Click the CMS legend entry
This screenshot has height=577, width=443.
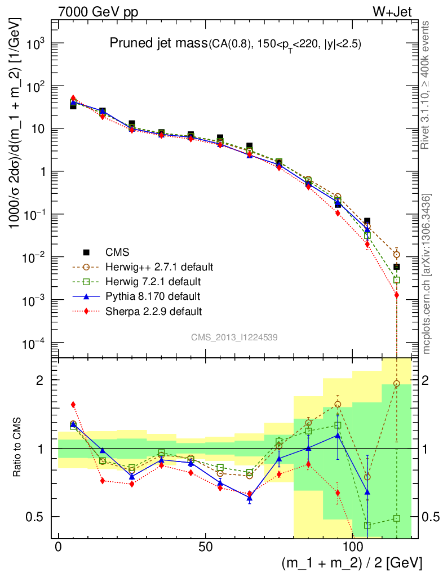click(x=118, y=252)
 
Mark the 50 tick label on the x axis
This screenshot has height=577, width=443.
click(x=205, y=547)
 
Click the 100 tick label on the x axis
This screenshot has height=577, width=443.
click(x=352, y=547)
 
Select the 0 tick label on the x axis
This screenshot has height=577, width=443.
click(x=59, y=547)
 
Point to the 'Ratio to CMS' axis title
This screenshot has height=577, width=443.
click(x=20, y=447)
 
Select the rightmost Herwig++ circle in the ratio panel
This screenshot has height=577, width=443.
click(x=397, y=384)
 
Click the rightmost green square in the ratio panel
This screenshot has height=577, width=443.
click(x=397, y=518)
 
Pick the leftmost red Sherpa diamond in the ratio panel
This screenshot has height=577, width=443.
click(x=73, y=405)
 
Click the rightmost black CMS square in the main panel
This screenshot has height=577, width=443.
click(x=397, y=267)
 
